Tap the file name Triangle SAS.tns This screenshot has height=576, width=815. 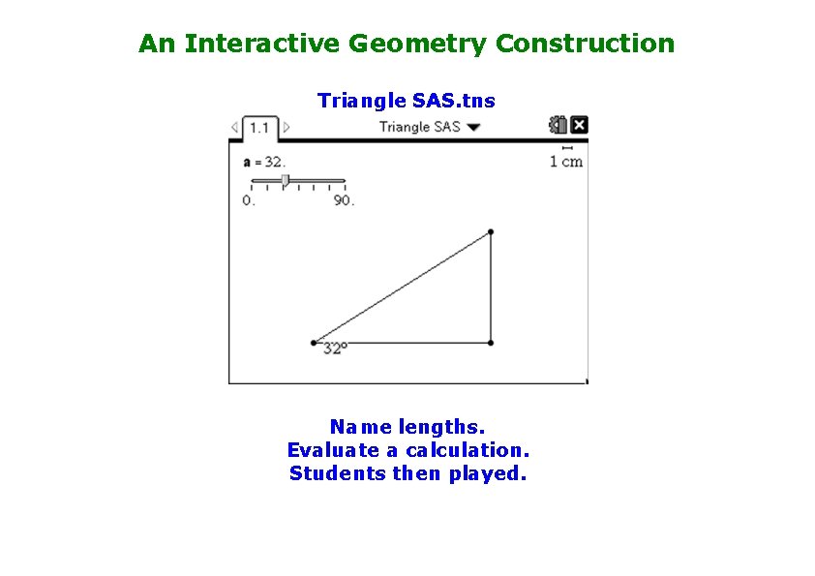pyautogui.click(x=407, y=100)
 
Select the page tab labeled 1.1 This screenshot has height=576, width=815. pyautogui.click(x=259, y=127)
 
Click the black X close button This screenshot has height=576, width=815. pyautogui.click(x=579, y=125)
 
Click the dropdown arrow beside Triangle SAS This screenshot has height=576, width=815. pyautogui.click(x=473, y=127)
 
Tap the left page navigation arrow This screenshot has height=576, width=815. pyautogui.click(x=234, y=127)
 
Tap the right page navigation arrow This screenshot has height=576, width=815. pyautogui.click(x=287, y=127)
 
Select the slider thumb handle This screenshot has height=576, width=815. pyautogui.click(x=285, y=180)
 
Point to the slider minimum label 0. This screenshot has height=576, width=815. pyautogui.click(x=249, y=200)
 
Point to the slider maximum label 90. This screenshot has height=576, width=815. pyautogui.click(x=345, y=200)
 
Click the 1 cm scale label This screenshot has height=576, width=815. pyautogui.click(x=566, y=162)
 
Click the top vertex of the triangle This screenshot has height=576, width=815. pyautogui.click(x=491, y=231)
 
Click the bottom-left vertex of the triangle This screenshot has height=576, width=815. pyautogui.click(x=314, y=343)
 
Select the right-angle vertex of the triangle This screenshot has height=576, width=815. pyautogui.click(x=491, y=343)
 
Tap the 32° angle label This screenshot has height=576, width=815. pyautogui.click(x=335, y=349)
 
